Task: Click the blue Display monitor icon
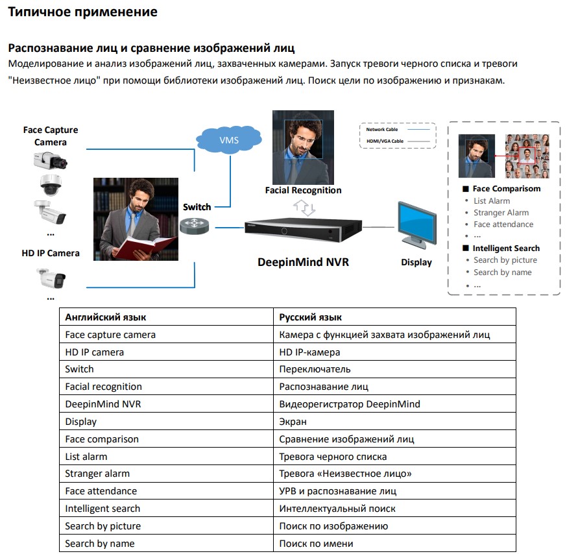coord(415,224)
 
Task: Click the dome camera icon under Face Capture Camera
coord(51,186)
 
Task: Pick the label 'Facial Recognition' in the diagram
coord(303,191)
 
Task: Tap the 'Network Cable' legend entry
coord(382,130)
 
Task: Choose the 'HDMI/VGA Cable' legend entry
coord(385,141)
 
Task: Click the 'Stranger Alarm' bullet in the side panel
coord(501,213)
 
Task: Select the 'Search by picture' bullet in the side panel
coord(505,260)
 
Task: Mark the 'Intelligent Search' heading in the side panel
coord(506,248)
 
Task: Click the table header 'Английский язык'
coord(106,317)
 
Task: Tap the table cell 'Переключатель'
coord(315,369)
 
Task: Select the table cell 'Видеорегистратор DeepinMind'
coord(350,404)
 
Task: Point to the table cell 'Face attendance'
coord(101,491)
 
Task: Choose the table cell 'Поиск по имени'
coord(316,544)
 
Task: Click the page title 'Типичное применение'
coord(82,12)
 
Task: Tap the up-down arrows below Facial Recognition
coord(304,208)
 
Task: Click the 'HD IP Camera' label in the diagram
coord(51,253)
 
